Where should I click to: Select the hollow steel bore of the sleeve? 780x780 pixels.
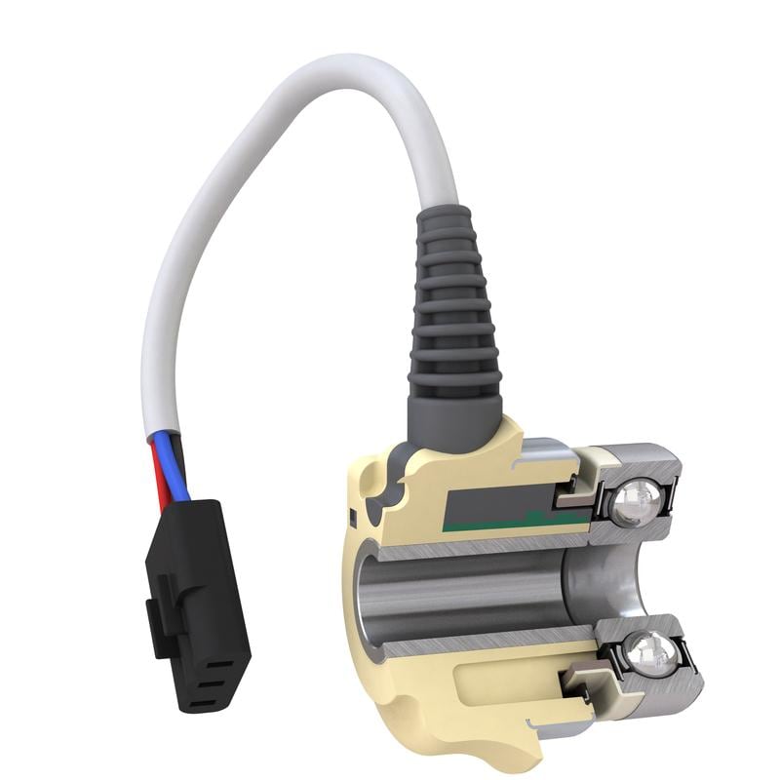pos(458,595)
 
